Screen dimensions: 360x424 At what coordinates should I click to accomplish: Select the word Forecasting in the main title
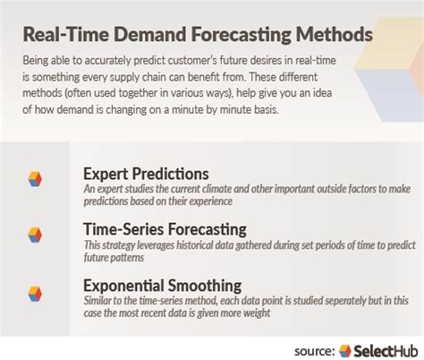pyautogui.click(x=235, y=35)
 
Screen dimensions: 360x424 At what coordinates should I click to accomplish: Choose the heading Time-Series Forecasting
pyautogui.click(x=165, y=229)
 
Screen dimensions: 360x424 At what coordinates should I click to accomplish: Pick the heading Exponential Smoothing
pyautogui.click(x=164, y=286)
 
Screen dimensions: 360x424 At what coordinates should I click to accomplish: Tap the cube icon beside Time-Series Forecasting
pyautogui.click(x=34, y=234)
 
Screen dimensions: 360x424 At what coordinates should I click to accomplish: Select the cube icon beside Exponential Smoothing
pyautogui.click(x=34, y=291)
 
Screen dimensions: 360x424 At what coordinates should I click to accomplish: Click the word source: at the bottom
pyautogui.click(x=315, y=349)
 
